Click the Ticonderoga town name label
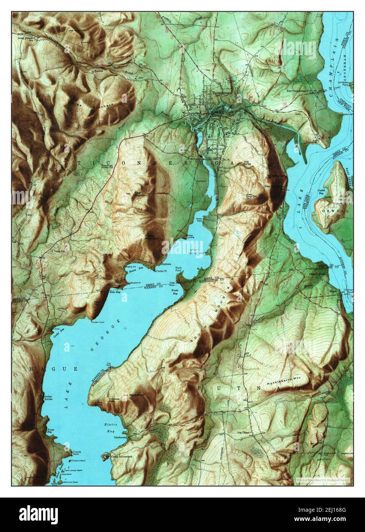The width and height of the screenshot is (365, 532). pyautogui.click(x=223, y=92)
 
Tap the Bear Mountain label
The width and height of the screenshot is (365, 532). pyautogui.click(x=141, y=193)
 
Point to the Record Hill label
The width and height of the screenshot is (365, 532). pyautogui.click(x=137, y=395)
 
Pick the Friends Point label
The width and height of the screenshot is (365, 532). pyautogui.click(x=77, y=454)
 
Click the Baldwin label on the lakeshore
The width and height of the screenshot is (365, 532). pyautogui.click(x=166, y=264)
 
